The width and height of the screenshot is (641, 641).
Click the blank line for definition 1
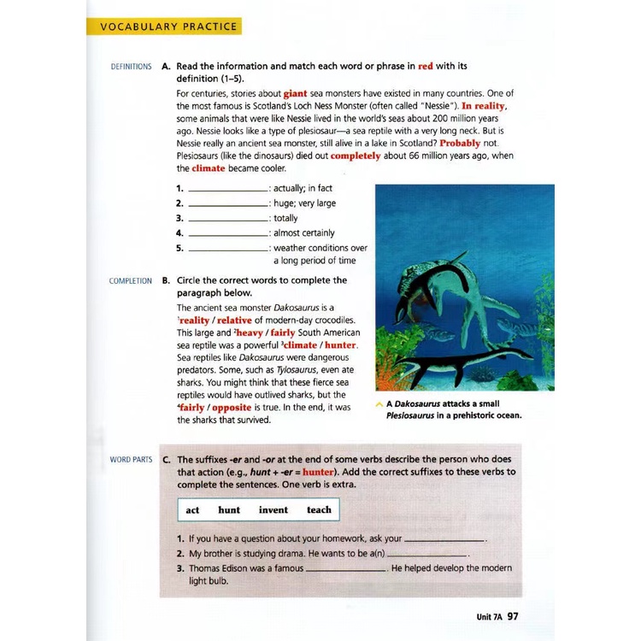pyautogui.click(x=226, y=189)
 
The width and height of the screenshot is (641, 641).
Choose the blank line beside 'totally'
pyautogui.click(x=226, y=218)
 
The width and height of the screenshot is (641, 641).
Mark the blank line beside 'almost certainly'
pyautogui.click(x=226, y=232)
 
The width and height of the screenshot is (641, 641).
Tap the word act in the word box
pyautogui.click(x=192, y=510)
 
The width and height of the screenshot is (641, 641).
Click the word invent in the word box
pyautogui.click(x=273, y=510)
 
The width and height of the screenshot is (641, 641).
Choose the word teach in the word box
pyautogui.click(x=319, y=510)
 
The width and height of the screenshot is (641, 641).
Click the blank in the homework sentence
pyautogui.click(x=443, y=540)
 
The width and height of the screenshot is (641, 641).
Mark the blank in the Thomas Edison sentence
pyautogui.click(x=340, y=569)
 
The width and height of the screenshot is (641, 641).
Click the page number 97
pyautogui.click(x=513, y=615)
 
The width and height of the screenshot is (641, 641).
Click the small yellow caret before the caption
pyautogui.click(x=379, y=403)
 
